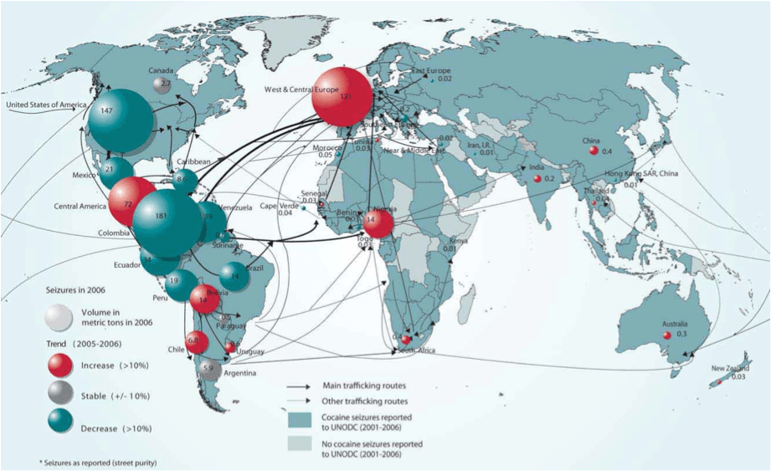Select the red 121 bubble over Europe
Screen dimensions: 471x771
(343, 97)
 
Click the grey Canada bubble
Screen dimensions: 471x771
(163, 83)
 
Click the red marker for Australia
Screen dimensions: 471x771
(667, 335)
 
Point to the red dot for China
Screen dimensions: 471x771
(594, 151)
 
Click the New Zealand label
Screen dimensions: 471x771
(730, 368)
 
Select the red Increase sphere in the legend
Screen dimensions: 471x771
(58, 365)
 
